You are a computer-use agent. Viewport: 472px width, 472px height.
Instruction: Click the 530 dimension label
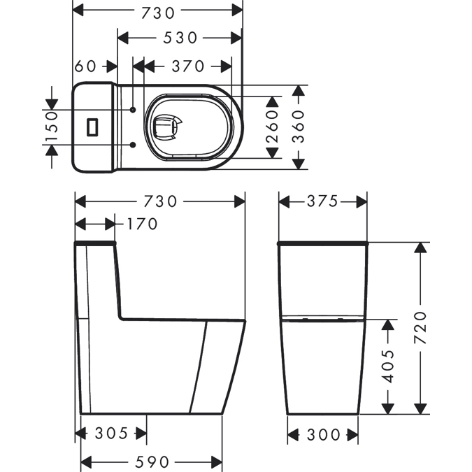(180, 38)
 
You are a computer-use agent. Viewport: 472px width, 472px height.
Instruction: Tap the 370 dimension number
(187, 66)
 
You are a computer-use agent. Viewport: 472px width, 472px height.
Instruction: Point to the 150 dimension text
(51, 127)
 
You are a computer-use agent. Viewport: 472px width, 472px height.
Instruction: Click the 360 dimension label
(299, 127)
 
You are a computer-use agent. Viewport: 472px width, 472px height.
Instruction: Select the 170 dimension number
(143, 224)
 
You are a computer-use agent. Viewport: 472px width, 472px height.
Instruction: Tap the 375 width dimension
(322, 201)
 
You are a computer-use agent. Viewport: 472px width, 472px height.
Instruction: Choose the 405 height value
(389, 365)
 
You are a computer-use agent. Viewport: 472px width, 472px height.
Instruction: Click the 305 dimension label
(112, 434)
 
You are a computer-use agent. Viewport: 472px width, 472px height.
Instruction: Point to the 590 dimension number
(151, 462)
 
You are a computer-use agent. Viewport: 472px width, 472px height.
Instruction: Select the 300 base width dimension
(323, 435)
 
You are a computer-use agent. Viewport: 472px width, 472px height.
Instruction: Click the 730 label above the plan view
(157, 11)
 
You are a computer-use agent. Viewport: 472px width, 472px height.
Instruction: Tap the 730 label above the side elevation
(159, 201)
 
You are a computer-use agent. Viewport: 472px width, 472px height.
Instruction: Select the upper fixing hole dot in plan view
(133, 110)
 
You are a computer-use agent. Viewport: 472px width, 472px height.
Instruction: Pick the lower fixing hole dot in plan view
(133, 144)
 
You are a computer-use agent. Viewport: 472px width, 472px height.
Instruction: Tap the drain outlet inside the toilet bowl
(167, 127)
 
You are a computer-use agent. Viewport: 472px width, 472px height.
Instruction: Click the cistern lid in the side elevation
(94, 243)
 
